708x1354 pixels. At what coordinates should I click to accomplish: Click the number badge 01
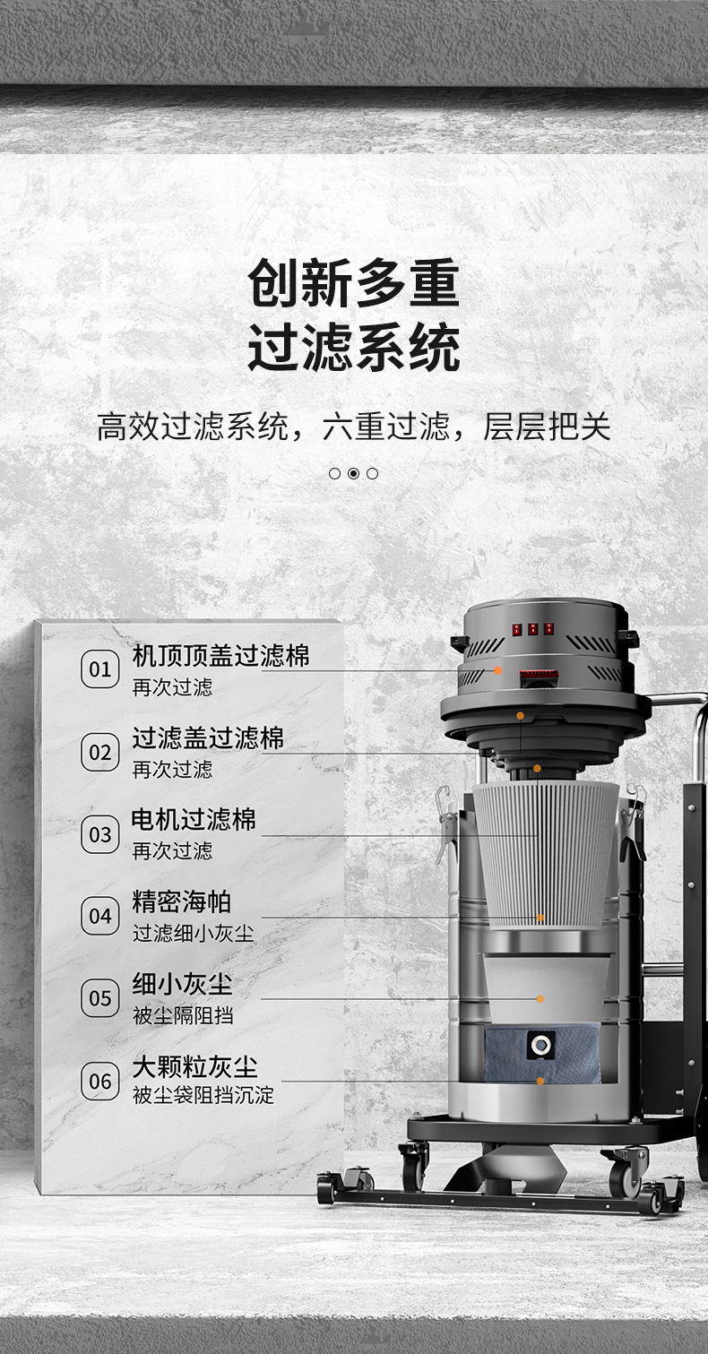[99, 669]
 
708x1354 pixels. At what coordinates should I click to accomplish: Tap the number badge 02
[99, 752]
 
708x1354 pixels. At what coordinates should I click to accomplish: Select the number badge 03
[99, 834]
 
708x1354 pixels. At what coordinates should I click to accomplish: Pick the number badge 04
[99, 916]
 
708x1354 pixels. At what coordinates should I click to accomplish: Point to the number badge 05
[99, 998]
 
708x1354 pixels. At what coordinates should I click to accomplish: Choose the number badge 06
[99, 1081]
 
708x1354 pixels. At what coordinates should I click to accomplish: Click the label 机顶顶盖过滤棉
[220, 655]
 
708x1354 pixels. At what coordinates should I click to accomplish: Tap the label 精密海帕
[181, 901]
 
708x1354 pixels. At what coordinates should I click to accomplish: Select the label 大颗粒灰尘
[194, 1067]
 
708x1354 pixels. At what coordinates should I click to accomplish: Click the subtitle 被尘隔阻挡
[183, 1016]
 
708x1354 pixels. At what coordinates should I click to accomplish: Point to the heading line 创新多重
[354, 283]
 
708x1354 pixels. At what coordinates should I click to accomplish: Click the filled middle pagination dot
[354, 473]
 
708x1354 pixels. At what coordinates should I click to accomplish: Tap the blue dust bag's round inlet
[540, 1044]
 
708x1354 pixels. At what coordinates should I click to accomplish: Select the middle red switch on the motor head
[532, 629]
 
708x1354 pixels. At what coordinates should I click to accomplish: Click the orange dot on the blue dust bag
[540, 1081]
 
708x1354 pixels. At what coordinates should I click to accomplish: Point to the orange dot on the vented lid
[497, 670]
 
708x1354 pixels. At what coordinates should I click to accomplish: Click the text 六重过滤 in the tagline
[386, 427]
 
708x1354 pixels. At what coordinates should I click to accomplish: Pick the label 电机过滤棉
[194, 820]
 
